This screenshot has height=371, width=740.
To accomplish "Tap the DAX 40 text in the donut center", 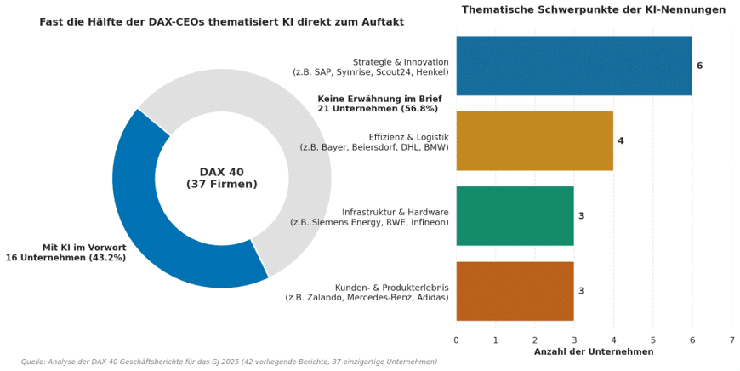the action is pyautogui.click(x=222, y=172).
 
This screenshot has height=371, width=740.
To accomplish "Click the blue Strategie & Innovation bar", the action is pyautogui.click(x=574, y=66).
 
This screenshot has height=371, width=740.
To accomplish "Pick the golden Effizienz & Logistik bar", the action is pyautogui.click(x=535, y=140).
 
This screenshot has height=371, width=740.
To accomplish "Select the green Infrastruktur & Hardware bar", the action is pyautogui.click(x=515, y=216).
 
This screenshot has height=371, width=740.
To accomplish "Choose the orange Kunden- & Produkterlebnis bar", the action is pyautogui.click(x=515, y=291).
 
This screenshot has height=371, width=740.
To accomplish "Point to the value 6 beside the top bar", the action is pyautogui.click(x=699, y=66).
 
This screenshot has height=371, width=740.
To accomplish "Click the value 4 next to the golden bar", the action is pyautogui.click(x=621, y=140).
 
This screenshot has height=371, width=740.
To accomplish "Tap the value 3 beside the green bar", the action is pyautogui.click(x=582, y=216).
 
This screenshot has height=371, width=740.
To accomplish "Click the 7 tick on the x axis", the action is pyautogui.click(x=731, y=340).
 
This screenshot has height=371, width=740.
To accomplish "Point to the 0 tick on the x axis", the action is pyautogui.click(x=456, y=340).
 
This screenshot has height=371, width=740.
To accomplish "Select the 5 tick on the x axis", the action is pyautogui.click(x=652, y=340).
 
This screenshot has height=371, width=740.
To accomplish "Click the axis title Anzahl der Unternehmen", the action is pyautogui.click(x=594, y=351).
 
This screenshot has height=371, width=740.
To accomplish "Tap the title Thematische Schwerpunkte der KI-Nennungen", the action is pyautogui.click(x=594, y=9).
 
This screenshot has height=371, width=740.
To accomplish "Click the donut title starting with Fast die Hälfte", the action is pyautogui.click(x=222, y=22).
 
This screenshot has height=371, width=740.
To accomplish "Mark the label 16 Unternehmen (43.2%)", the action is pyautogui.click(x=65, y=258).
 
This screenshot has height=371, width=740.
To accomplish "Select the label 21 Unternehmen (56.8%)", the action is pyautogui.click(x=378, y=109).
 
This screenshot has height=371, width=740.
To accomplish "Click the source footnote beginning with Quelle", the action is pyautogui.click(x=229, y=362).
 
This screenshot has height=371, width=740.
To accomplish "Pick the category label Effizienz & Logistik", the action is pyautogui.click(x=408, y=137).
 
